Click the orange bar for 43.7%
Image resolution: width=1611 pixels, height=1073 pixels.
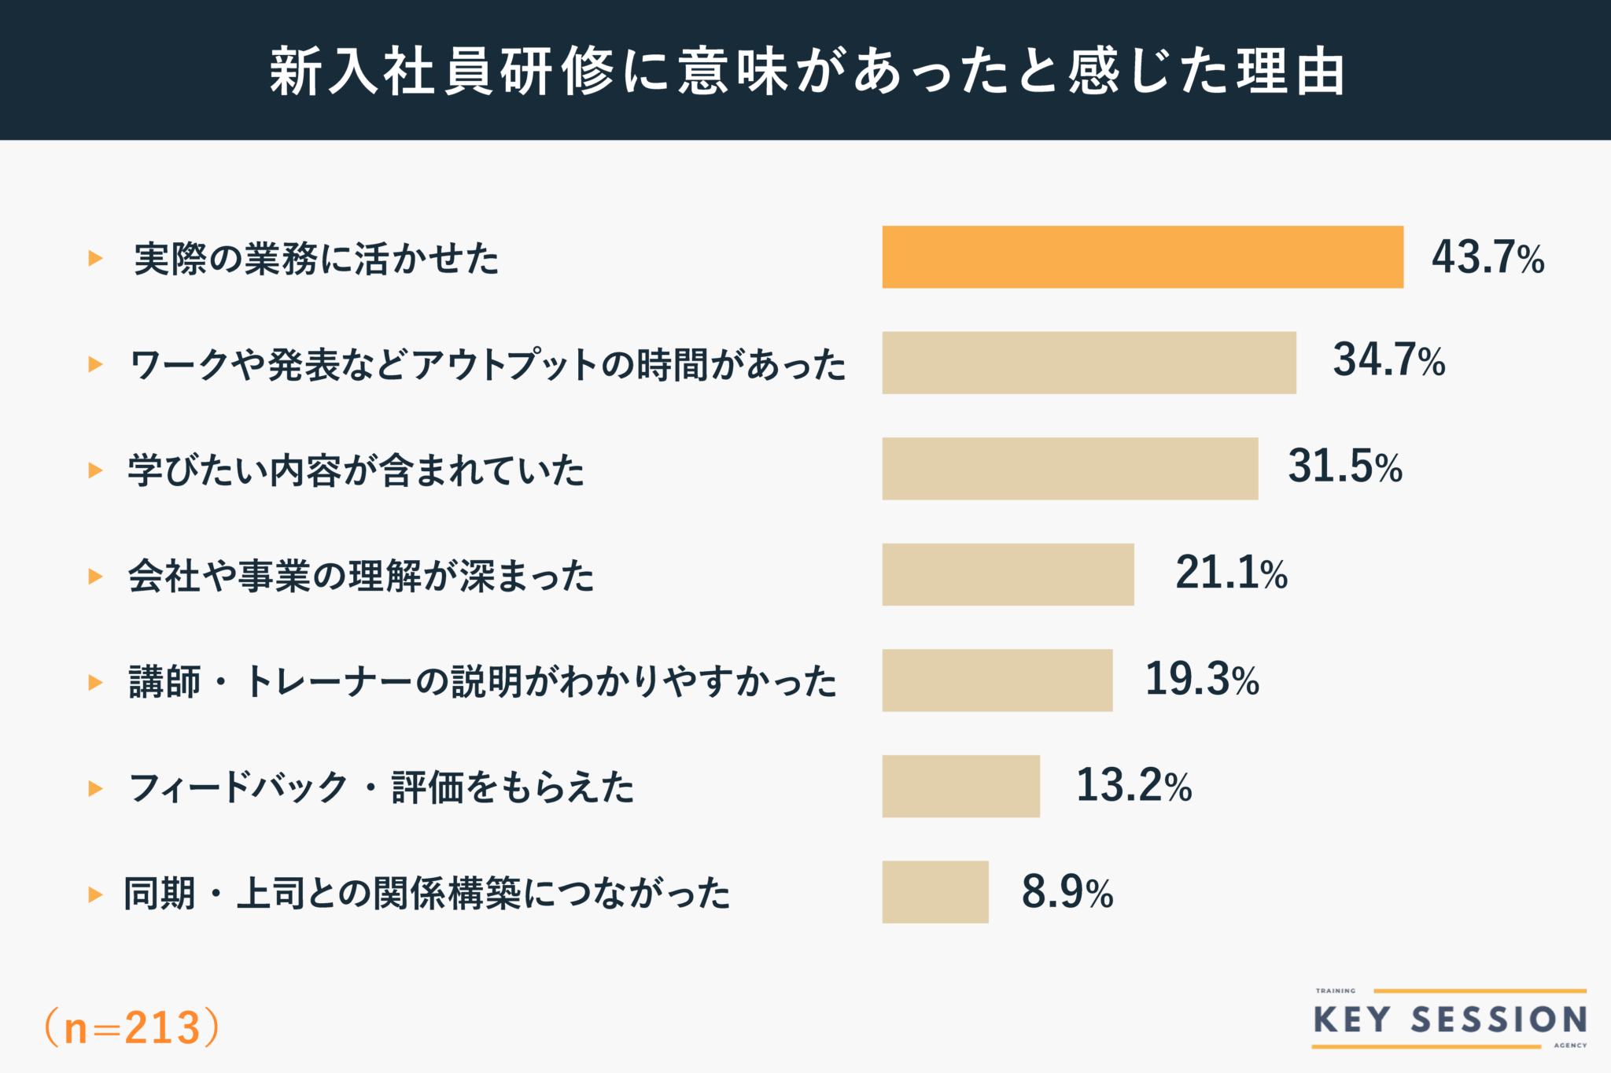[1142, 257]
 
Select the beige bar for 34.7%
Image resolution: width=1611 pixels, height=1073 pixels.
[1089, 363]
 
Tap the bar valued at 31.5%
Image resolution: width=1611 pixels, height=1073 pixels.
[1070, 469]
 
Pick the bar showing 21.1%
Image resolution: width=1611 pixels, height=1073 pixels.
[1008, 574]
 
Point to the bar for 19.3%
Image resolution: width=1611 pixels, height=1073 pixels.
[997, 680]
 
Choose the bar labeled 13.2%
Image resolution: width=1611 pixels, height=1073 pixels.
[960, 786]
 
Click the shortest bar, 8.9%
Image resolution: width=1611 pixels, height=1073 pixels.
[935, 892]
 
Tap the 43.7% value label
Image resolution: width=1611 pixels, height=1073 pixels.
[1488, 257]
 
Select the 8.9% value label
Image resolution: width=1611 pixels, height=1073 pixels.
[1067, 892]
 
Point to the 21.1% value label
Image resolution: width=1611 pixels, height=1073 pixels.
[1231, 573]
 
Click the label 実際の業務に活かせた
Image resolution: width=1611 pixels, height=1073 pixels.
[316, 259]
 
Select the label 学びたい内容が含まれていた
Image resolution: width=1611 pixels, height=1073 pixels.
[356, 470]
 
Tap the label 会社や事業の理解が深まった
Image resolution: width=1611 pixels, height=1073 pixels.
[361, 576]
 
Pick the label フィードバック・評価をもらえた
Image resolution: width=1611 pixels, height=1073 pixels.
[382, 787]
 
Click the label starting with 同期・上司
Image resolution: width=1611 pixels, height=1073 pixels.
[427, 894]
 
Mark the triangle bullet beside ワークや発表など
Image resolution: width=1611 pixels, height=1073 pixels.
[95, 364]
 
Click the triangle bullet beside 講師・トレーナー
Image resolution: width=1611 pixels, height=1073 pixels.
[95, 682]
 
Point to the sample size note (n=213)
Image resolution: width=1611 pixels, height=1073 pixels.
[131, 1027]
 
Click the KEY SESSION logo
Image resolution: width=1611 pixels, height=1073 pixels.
[1449, 1020]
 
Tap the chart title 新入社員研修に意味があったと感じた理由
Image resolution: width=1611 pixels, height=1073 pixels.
[805, 71]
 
